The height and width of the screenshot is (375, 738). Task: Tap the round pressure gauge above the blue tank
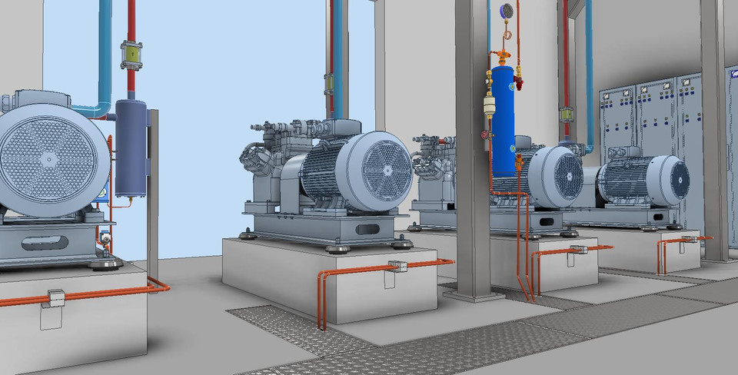click(x=507, y=11)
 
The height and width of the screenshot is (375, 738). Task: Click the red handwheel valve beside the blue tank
click(x=484, y=138)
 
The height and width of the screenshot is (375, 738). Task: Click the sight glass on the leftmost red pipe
click(x=131, y=56)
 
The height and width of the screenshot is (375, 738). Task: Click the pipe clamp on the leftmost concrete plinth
click(x=55, y=296)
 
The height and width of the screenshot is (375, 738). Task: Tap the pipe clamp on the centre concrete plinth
click(x=397, y=267)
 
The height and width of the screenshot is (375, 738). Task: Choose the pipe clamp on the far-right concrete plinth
click(x=689, y=239)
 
